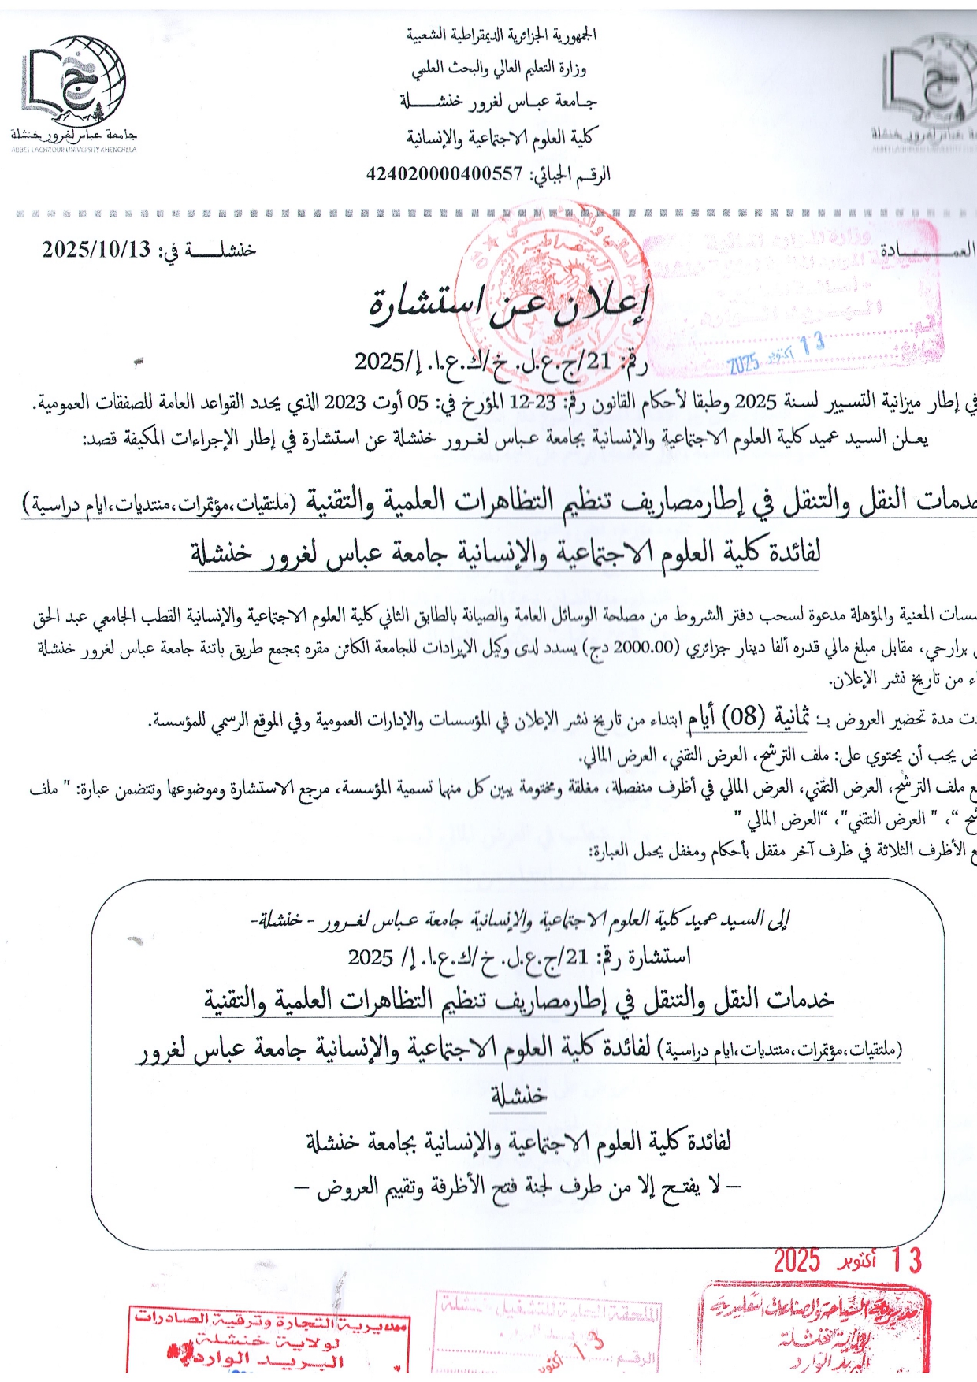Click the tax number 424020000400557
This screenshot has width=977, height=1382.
coord(444,173)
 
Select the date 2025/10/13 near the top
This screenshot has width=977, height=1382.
coord(96,250)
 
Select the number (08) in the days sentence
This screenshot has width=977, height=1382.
coord(744,716)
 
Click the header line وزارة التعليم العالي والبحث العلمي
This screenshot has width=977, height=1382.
coord(500,69)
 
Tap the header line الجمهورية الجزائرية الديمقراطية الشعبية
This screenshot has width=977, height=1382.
coord(501,35)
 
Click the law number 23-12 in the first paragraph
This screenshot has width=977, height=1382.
coord(534,403)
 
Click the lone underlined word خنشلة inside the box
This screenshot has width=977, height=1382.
coord(518,1095)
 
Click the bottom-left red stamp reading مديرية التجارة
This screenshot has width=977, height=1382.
coord(268,1338)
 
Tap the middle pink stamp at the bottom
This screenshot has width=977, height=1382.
coord(548,1332)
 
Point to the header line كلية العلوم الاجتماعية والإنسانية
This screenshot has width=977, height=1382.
coord(500,138)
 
